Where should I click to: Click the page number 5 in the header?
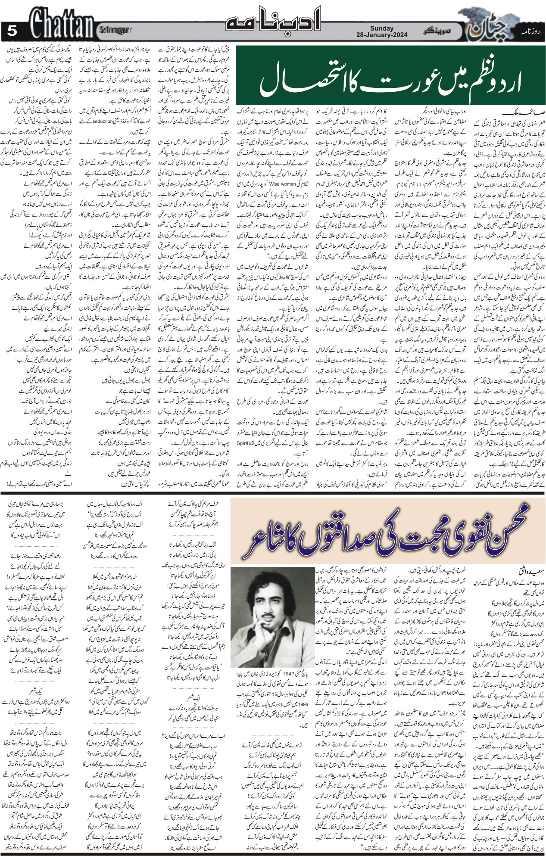click(x=12, y=31)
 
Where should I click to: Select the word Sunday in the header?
click(x=381, y=28)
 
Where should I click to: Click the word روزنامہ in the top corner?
click(x=533, y=31)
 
